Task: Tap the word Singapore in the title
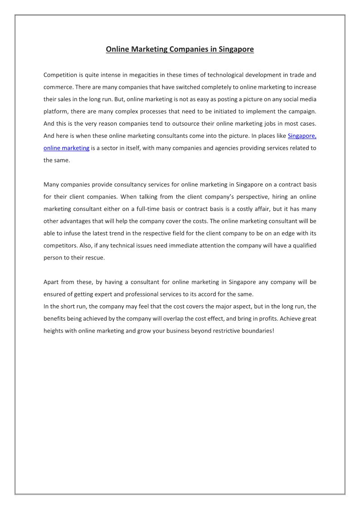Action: (236, 49)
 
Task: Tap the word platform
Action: (55, 111)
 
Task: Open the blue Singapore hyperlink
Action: (302, 136)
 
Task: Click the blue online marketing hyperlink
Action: (66, 148)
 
